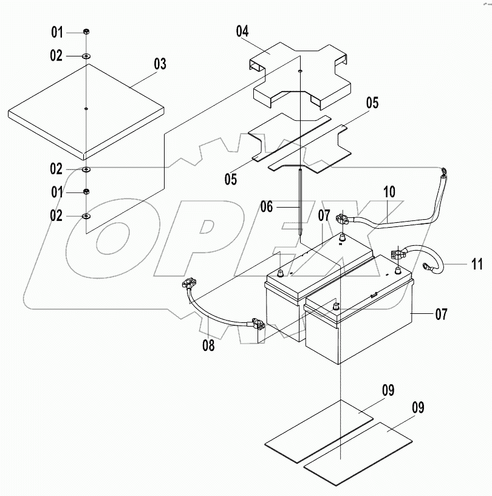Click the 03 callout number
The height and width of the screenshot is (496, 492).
160,63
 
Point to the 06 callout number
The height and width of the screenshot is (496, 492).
267,206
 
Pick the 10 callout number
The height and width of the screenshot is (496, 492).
389,192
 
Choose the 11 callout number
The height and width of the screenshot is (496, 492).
476,263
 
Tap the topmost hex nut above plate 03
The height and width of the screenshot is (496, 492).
87,32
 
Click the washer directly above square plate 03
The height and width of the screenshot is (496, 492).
87,56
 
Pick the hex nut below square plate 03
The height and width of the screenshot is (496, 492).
87,192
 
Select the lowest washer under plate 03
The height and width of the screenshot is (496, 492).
87,216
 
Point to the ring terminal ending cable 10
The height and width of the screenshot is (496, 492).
445,172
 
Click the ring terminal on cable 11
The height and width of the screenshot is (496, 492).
430,265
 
